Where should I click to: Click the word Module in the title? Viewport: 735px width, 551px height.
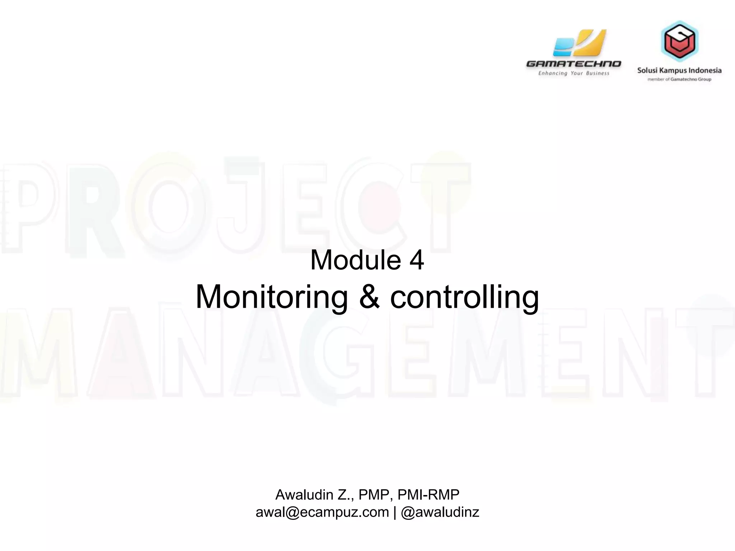coord(355,260)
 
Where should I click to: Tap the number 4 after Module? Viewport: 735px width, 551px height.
coord(417,260)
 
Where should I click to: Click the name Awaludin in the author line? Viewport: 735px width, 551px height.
coord(304,495)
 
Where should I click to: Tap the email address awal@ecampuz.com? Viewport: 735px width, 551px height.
coord(322,512)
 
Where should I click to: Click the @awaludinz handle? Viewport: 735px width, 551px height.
coord(440,512)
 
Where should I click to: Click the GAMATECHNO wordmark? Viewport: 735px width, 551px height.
coord(574,64)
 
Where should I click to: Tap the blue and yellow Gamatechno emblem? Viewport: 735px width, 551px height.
coord(579,43)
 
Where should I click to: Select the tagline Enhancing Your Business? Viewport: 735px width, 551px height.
coord(574,73)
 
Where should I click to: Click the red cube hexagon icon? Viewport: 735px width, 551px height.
coord(679,41)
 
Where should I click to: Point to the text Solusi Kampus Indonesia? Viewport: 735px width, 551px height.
coord(679,70)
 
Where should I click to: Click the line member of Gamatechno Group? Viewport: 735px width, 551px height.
coord(679,79)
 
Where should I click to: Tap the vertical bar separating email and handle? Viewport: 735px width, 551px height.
coord(395,512)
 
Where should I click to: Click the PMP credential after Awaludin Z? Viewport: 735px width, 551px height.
coord(374,495)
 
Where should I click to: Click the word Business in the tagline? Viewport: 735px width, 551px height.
coord(598,73)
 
